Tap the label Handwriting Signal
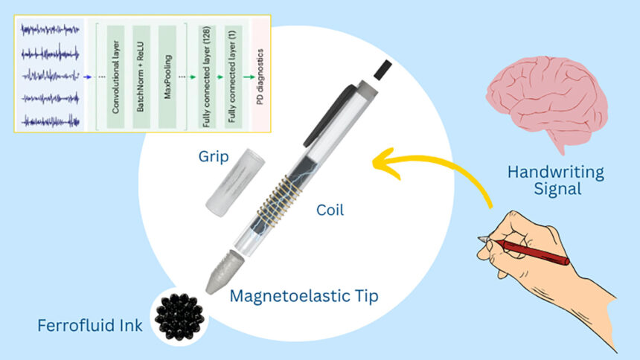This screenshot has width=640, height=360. tap(555, 181)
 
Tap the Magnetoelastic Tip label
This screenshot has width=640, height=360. tap(304, 296)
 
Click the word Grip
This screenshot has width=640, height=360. tap(214, 157)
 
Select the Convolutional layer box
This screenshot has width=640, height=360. tap(115, 75)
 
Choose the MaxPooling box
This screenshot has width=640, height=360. tap(169, 75)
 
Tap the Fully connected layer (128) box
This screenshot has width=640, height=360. tap(205, 75)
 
